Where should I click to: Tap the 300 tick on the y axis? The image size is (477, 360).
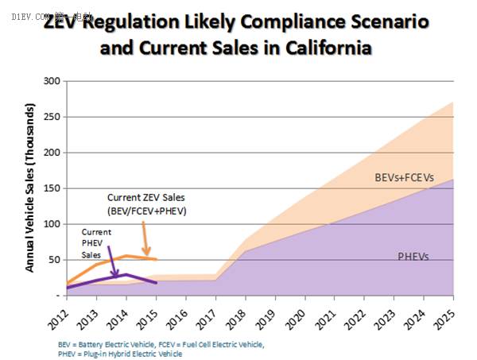(x=52, y=81)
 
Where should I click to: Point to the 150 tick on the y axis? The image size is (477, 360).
(x=52, y=188)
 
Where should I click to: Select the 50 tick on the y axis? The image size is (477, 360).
(x=54, y=260)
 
